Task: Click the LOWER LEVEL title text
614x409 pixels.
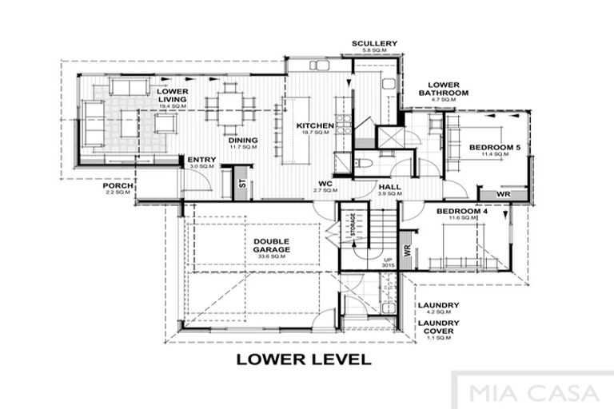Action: pos(304,359)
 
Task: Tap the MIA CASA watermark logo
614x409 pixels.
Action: pos(534,393)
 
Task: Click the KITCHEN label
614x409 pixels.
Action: pos(315,126)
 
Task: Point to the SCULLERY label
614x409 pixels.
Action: pos(373,44)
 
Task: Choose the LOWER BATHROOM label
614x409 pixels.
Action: pos(444,89)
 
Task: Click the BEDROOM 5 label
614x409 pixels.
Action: pos(496,148)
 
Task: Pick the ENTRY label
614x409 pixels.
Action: pos(201,161)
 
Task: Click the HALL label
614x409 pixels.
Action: pos(390,187)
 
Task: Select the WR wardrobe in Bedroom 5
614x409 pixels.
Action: pos(503,194)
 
